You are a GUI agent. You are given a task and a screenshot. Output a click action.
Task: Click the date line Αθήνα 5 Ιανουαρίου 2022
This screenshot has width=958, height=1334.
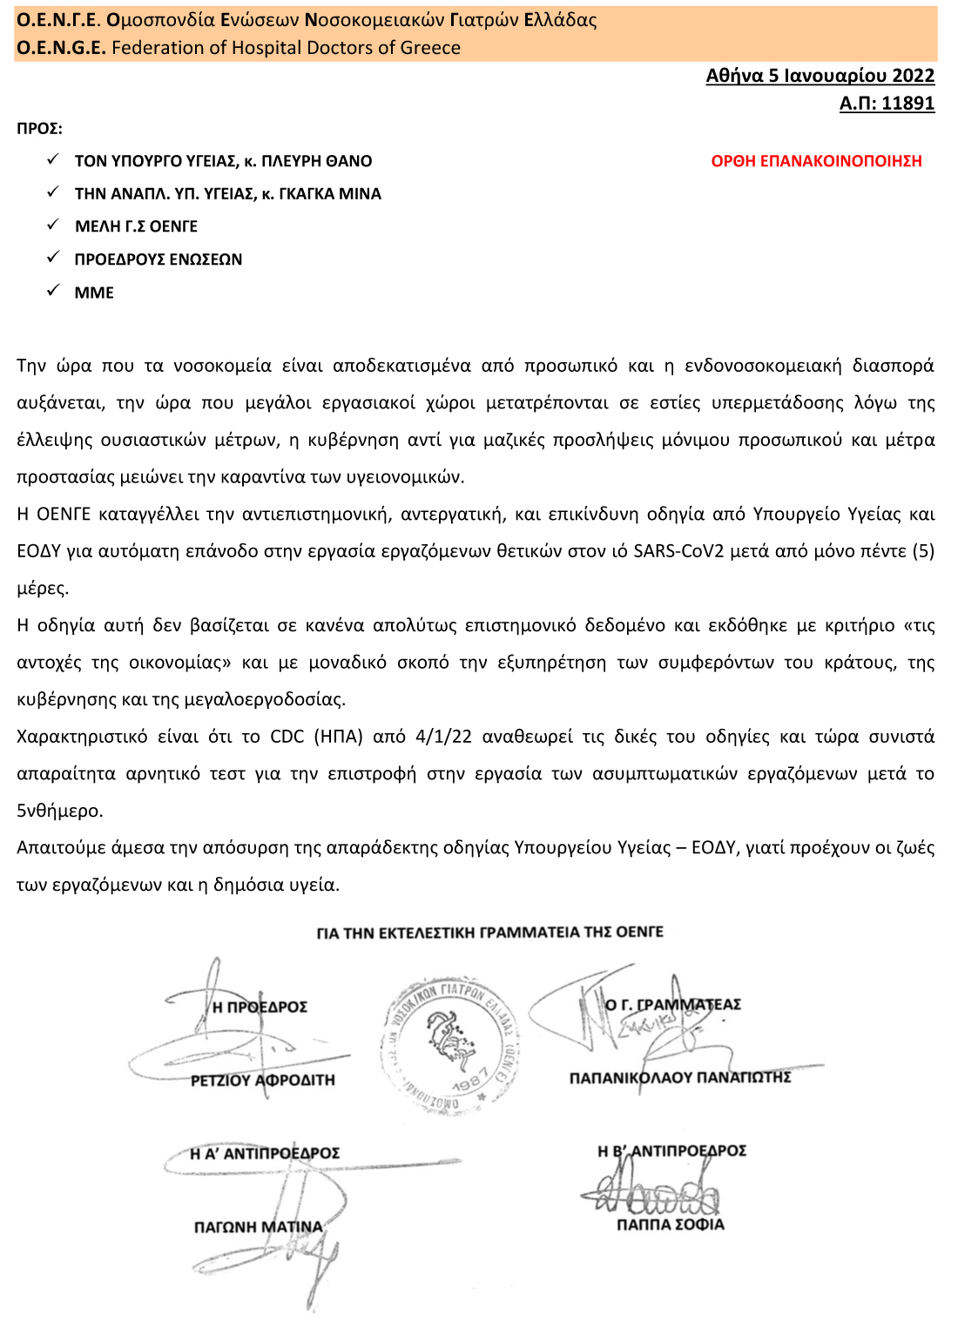[x=820, y=76]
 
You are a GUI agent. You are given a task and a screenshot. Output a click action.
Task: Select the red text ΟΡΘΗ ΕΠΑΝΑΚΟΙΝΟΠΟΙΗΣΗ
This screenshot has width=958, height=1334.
[x=816, y=161]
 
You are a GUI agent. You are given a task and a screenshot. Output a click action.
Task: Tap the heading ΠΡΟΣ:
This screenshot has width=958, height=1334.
[x=39, y=129]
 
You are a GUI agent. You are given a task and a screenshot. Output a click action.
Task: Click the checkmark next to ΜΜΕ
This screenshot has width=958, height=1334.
[x=53, y=291]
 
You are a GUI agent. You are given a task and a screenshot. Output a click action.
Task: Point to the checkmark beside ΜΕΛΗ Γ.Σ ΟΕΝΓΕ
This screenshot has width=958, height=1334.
[x=53, y=225]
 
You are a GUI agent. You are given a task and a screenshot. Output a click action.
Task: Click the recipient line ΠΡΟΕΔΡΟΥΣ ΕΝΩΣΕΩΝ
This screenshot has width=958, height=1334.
[x=159, y=259]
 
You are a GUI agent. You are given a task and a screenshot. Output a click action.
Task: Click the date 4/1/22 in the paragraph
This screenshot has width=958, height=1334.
[x=443, y=737]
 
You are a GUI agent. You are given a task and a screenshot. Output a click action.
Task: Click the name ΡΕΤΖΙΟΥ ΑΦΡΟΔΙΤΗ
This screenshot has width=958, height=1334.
[x=262, y=1081]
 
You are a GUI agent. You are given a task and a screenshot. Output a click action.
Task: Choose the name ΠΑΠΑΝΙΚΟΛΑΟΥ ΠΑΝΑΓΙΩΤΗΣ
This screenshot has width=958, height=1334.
[x=679, y=1078]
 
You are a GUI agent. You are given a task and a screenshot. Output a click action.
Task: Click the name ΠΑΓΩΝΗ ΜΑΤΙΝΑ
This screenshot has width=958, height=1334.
[x=258, y=1227]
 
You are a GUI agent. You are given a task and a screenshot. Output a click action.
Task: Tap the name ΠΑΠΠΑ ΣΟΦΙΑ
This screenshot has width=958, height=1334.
[x=670, y=1224]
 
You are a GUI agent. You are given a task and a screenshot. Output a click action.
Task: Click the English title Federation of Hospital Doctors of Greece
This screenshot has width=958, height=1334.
[x=286, y=48]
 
